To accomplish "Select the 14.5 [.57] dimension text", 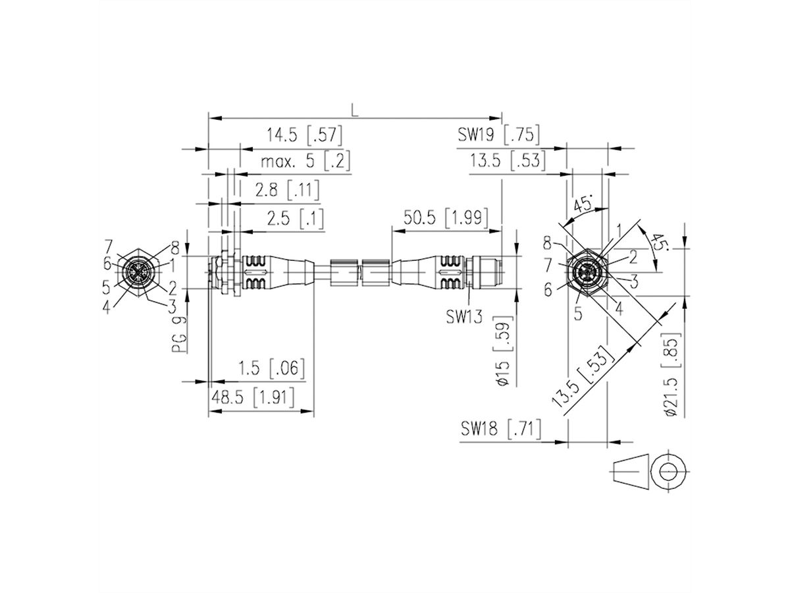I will pos(305,136).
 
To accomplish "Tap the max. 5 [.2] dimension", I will pos(304,161).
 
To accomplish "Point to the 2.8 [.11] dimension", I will pos(286,190).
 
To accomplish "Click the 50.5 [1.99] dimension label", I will pos(445,217).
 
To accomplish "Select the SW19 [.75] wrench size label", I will pos(499,135).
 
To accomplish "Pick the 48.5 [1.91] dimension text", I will pos(251,397).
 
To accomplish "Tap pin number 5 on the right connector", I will pos(577,314).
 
